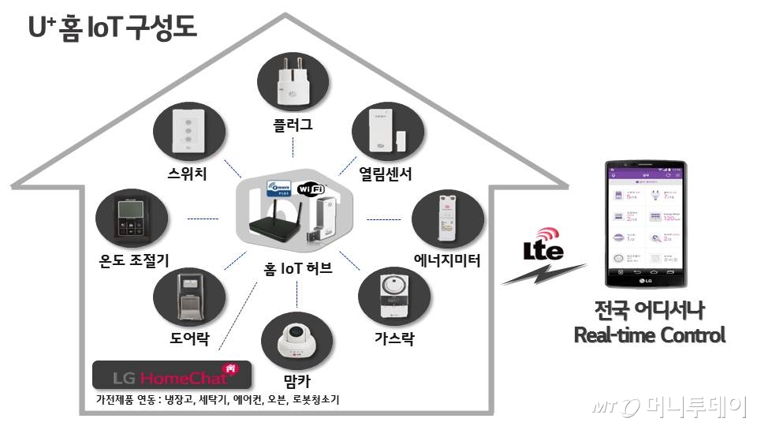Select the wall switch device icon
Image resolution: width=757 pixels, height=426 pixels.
(x=188, y=132)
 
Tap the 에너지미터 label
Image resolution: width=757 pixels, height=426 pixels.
(x=447, y=260)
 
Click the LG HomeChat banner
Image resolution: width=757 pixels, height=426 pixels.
(x=172, y=374)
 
